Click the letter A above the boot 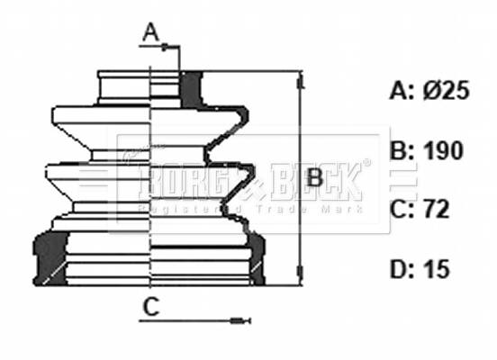pos(150,34)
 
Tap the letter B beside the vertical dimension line pos(313,178)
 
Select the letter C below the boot pos(150,308)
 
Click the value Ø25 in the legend pos(445,91)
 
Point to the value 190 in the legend pos(443,150)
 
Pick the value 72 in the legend pos(438,210)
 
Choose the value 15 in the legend pos(437,269)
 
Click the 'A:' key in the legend pos(401,91)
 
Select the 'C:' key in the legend pos(401,210)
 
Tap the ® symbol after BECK pos(366,165)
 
